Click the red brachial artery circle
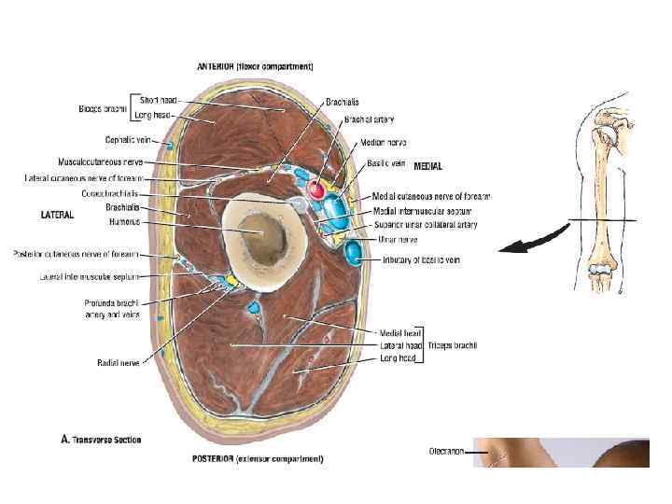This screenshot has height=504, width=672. tap(316, 189)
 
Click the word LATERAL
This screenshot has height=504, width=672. tap(57, 215)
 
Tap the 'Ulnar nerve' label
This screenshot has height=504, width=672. tap(396, 239)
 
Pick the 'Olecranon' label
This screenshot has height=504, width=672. tap(445, 452)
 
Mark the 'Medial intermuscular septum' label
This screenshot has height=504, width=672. tap(419, 210)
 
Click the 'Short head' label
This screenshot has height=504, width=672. tap(158, 99)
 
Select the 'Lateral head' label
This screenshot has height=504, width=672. tap(399, 346)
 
